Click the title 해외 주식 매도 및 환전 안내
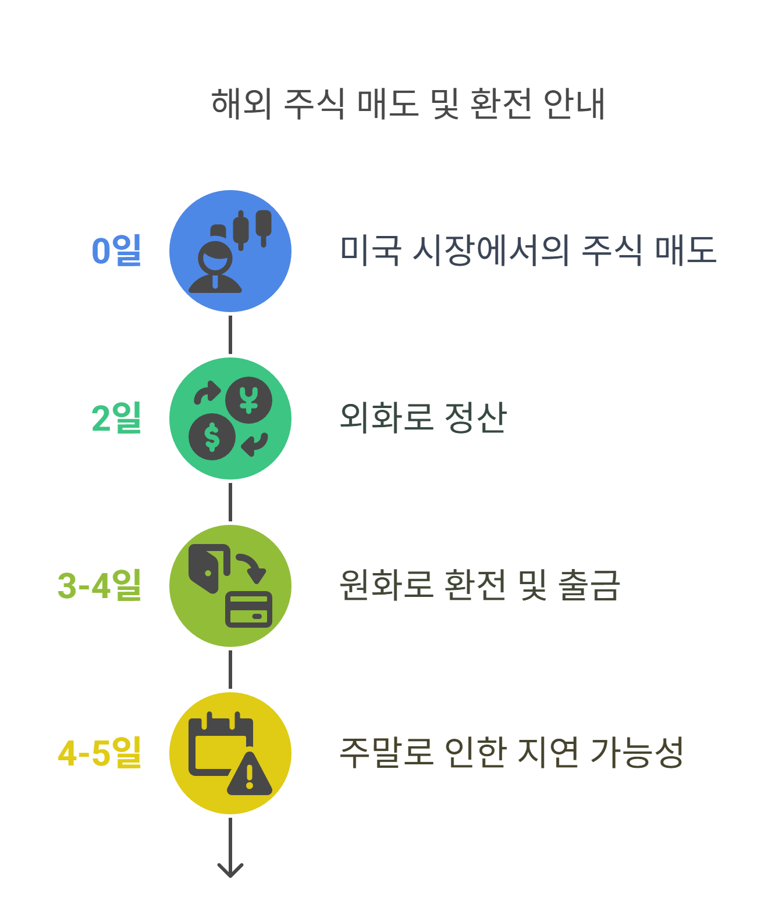[408, 104]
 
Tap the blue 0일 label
[116, 251]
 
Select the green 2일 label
[116, 418]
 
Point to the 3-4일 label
[99, 585]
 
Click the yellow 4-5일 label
[99, 753]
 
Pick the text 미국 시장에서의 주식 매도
[528, 251]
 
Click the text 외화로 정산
[423, 418]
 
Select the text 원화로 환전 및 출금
[480, 585]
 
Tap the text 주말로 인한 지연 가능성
[511, 753]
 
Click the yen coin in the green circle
[249, 400]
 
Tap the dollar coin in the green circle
[212, 437]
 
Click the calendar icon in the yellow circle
[215, 744]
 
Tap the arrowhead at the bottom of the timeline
[230, 870]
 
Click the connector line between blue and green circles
[230, 335]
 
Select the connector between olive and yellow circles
[230, 670]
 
